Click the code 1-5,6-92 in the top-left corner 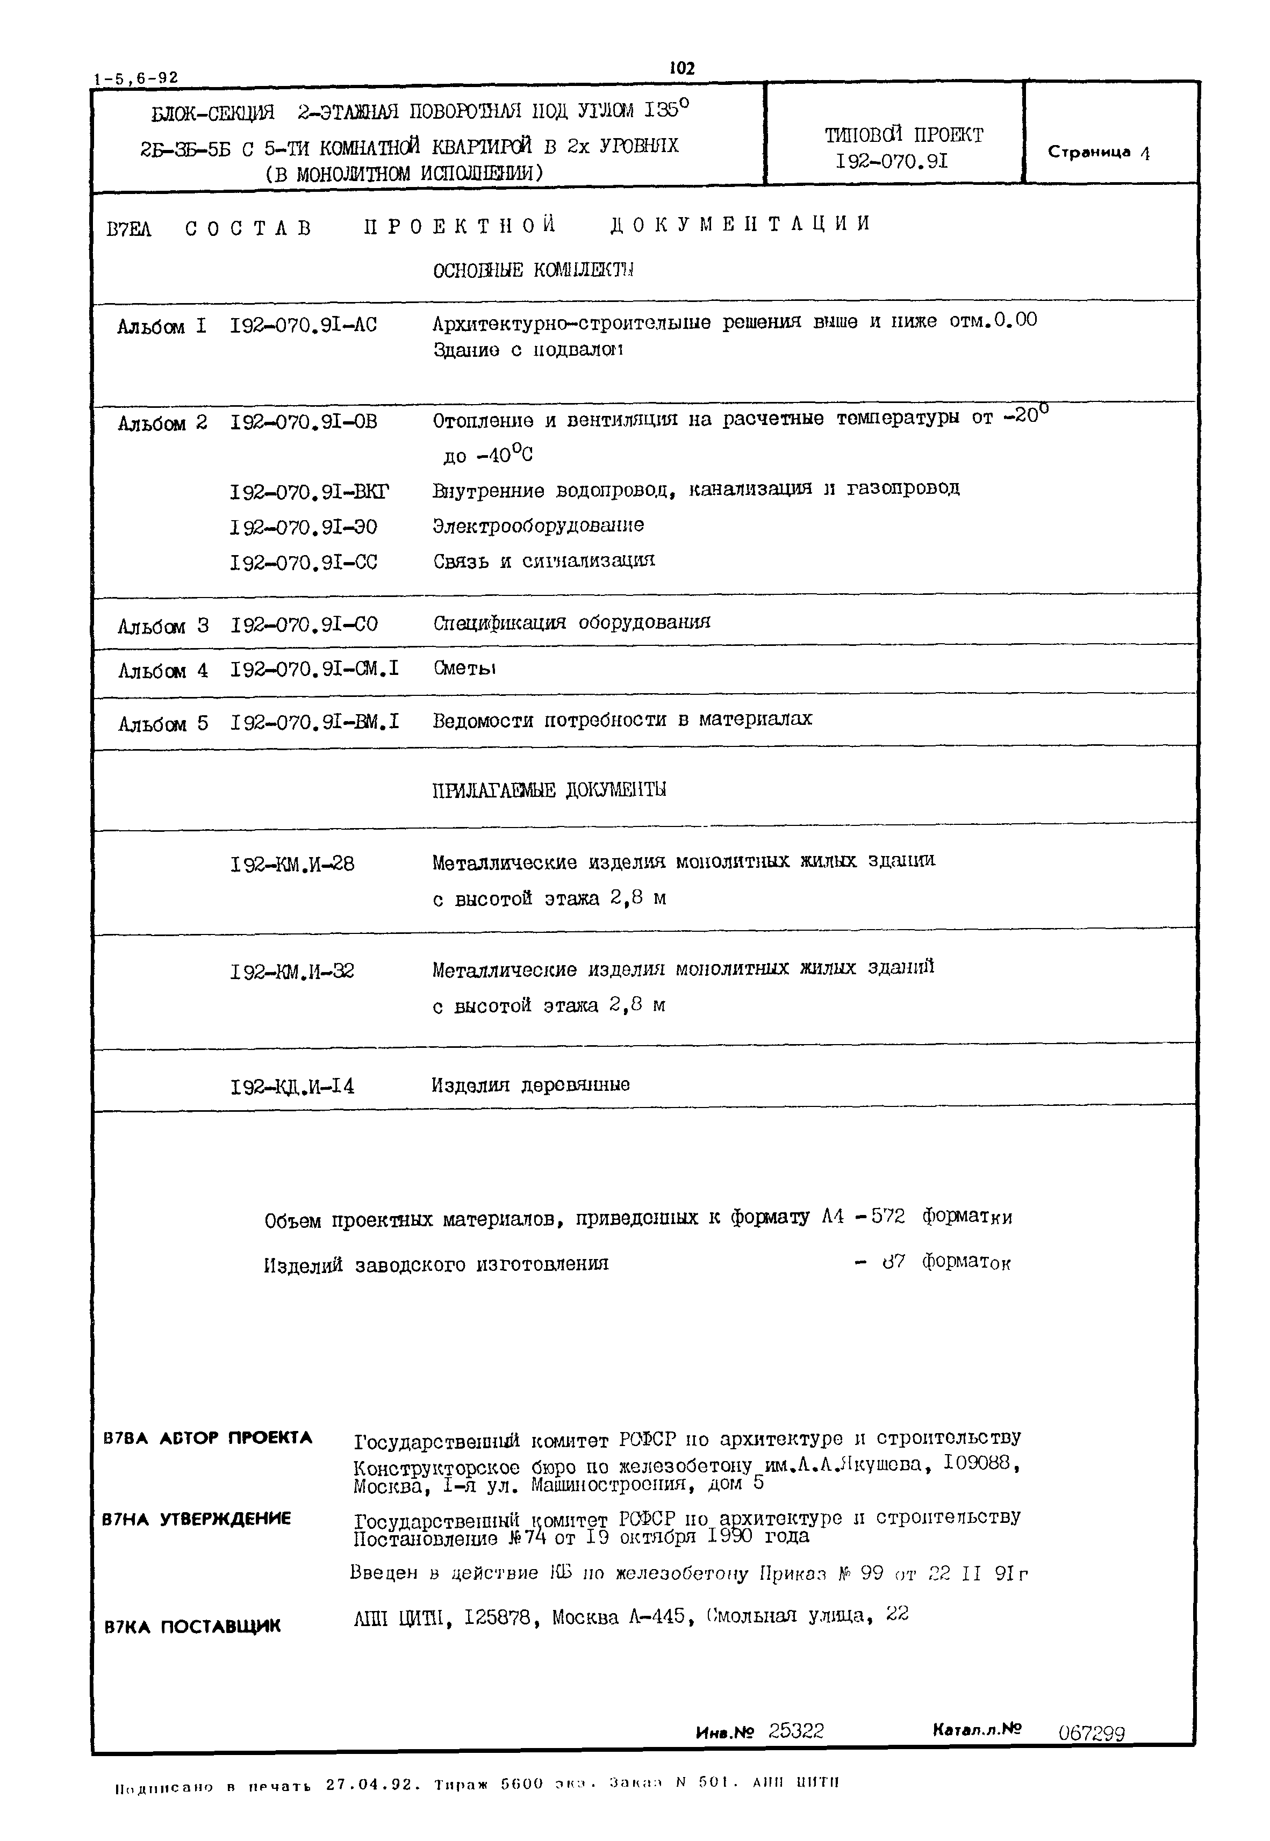tap(136, 78)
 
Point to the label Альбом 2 tap(162, 423)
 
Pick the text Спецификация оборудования tap(571, 622)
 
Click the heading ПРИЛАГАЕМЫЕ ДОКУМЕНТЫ tap(549, 790)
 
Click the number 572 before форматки tap(887, 1217)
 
